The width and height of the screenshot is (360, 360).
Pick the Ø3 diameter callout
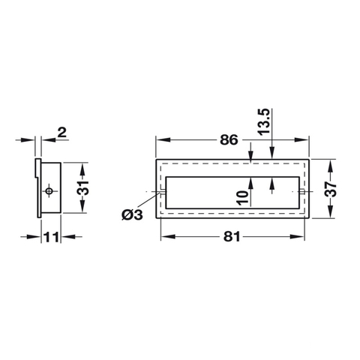click(x=132, y=215)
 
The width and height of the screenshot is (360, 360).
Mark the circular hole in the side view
click(x=49, y=193)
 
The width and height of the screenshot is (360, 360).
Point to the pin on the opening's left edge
click(x=160, y=193)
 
